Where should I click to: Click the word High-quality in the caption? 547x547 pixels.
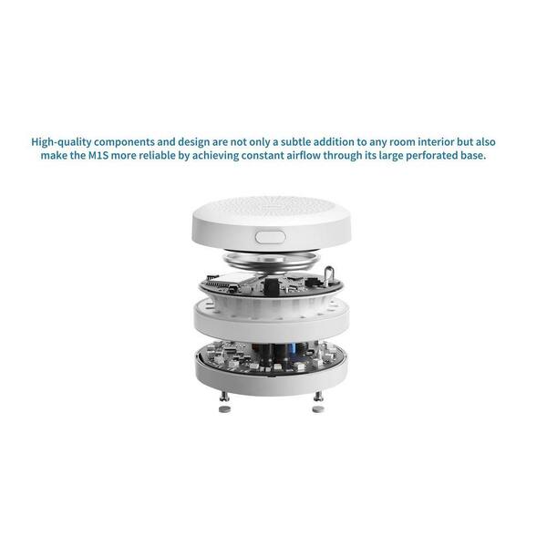61,142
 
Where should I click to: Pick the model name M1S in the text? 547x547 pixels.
98,155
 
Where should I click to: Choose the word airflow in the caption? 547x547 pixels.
304,155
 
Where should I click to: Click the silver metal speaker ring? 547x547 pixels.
272,261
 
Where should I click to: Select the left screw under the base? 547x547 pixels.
223,396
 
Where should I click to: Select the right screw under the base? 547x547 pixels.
318,396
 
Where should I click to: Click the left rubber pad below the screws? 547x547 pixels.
224,408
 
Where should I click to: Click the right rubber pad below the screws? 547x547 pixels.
318,408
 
